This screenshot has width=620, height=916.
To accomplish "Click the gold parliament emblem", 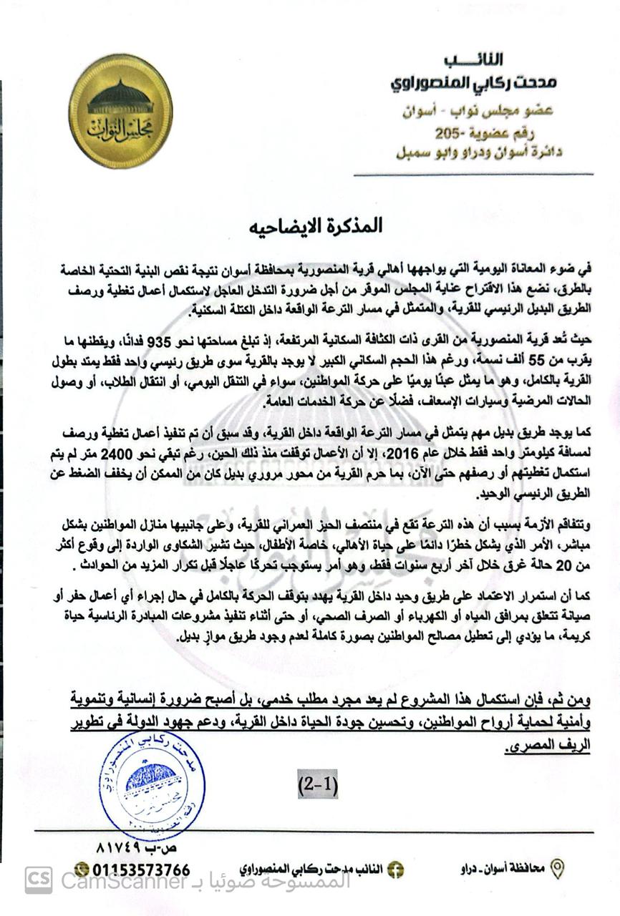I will (120, 110).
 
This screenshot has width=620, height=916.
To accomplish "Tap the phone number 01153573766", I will (141, 870).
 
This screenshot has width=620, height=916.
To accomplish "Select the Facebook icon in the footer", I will (394, 870).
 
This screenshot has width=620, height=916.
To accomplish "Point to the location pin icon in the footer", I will (556, 869).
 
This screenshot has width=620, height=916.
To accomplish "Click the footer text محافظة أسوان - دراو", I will (502, 869).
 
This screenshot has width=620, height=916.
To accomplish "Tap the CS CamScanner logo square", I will (39, 880).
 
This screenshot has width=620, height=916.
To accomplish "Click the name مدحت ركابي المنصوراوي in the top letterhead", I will (473, 84).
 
